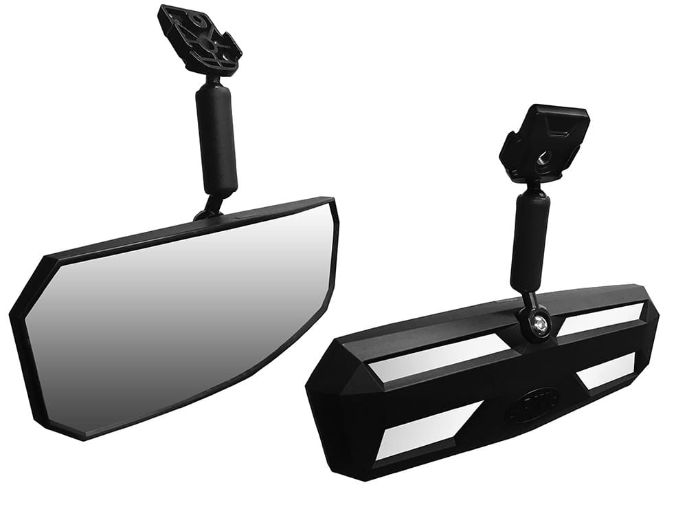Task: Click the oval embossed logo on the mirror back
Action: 530,409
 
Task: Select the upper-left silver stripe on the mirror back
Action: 440,359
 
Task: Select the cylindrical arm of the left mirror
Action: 216,138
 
